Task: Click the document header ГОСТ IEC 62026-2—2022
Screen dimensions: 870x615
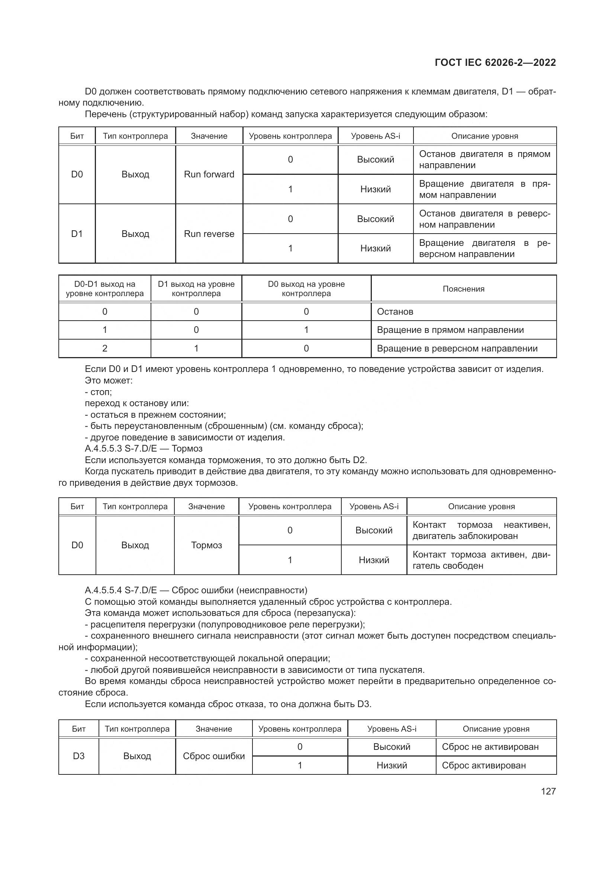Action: (495, 63)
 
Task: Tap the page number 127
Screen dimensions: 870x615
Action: (548, 791)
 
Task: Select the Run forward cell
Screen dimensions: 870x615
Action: (209, 174)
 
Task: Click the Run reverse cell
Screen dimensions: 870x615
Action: (209, 234)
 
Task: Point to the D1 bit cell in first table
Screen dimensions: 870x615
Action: (77, 234)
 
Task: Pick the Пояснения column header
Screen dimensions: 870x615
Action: (464, 289)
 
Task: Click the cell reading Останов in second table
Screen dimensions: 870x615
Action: (395, 311)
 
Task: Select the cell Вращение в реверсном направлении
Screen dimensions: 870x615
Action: (457, 348)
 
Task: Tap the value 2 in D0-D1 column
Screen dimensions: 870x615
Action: (105, 348)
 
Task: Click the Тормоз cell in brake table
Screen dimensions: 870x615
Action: (206, 545)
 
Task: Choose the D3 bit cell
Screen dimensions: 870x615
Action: (79, 756)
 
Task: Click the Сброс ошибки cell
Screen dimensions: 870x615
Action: (213, 756)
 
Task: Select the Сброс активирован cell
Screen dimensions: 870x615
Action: (484, 765)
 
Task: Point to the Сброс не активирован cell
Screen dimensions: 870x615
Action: (490, 747)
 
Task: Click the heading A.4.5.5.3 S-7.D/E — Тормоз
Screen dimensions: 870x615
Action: (144, 449)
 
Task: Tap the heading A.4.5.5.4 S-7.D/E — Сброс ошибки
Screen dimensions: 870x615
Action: (196, 590)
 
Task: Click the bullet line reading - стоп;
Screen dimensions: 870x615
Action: (98, 392)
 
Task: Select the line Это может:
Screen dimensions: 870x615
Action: (109, 381)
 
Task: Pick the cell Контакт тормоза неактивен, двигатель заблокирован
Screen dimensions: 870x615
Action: (481, 530)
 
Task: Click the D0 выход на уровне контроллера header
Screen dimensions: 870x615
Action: (306, 289)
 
